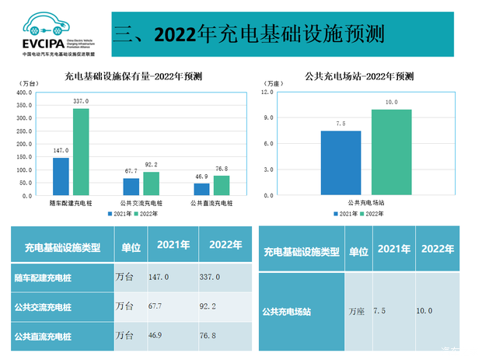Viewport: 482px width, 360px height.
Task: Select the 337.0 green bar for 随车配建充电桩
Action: click(81, 152)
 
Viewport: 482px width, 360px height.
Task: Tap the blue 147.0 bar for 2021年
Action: click(61, 177)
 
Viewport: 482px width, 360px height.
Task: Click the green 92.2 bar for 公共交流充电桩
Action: click(151, 183)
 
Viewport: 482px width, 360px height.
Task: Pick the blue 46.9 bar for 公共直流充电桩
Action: click(201, 189)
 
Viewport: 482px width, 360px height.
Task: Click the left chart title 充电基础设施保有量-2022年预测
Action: click(134, 76)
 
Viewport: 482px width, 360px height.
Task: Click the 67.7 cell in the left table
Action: click(166, 306)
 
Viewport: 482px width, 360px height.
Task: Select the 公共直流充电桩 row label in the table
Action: click(43, 336)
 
